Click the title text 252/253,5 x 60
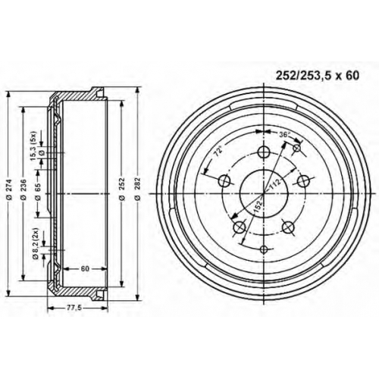[x=317, y=76]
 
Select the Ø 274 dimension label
[x=9, y=189]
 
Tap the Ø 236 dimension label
[x=23, y=189]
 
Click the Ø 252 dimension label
[x=122, y=189]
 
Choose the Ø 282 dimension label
[x=137, y=189]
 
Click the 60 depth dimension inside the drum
[x=85, y=269]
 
